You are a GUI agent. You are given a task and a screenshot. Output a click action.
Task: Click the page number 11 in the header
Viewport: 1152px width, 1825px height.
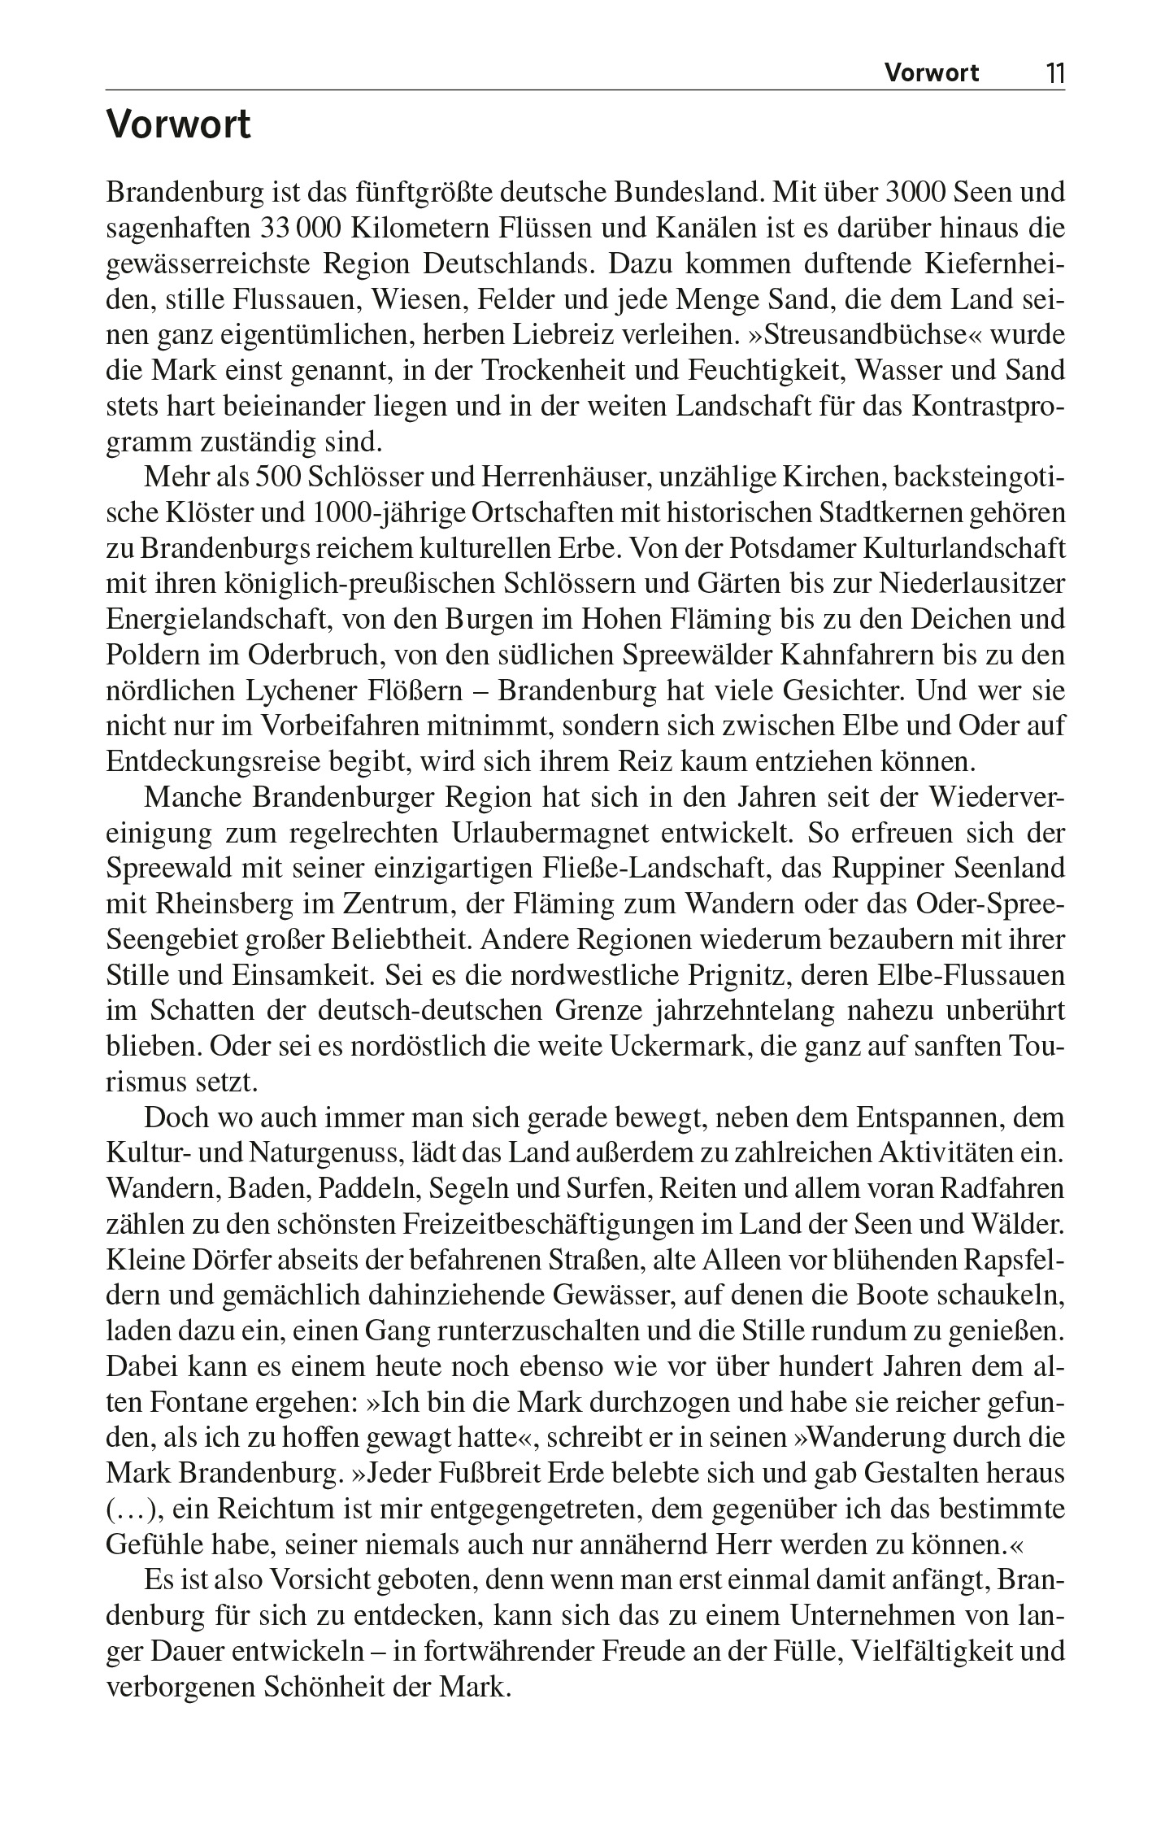click(x=1054, y=74)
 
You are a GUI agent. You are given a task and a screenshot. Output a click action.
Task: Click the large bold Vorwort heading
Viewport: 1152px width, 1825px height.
click(x=179, y=126)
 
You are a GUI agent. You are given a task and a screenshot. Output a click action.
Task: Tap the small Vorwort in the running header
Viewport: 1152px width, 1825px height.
click(x=932, y=74)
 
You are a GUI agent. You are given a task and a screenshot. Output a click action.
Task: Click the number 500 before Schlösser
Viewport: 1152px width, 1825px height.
click(x=279, y=478)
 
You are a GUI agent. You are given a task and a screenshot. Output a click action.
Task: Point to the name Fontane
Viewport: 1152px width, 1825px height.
click(x=186, y=1401)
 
